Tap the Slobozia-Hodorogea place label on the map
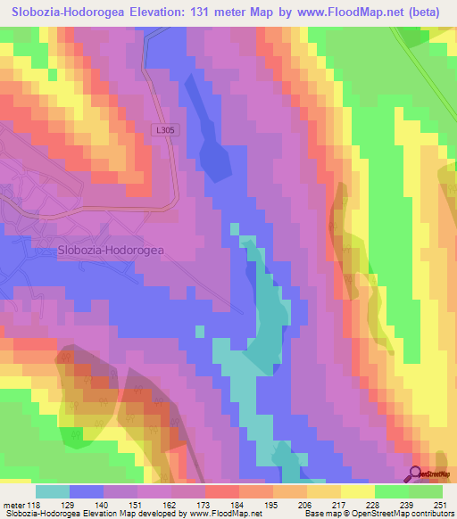111,251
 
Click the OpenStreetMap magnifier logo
416,474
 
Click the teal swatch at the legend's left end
53,492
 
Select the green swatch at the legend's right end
426,492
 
